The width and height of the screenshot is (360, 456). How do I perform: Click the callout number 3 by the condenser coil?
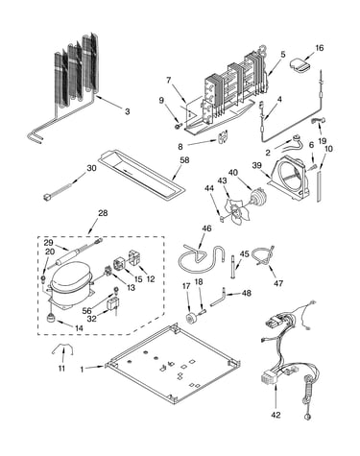click(x=128, y=111)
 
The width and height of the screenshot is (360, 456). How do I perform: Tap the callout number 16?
click(x=320, y=48)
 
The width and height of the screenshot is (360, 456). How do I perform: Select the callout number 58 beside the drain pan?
click(x=184, y=160)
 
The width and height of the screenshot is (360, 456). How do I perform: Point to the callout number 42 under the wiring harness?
click(x=276, y=415)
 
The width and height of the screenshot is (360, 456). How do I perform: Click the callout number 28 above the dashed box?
click(x=103, y=213)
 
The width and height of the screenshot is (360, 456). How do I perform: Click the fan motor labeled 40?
click(x=258, y=198)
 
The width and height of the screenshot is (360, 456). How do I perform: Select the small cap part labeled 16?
click(x=300, y=65)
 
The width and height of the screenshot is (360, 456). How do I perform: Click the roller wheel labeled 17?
click(x=192, y=319)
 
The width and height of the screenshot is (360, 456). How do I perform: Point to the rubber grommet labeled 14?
click(x=51, y=318)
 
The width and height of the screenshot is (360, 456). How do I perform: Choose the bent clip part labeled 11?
click(x=62, y=348)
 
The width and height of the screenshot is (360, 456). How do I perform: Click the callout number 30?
click(x=91, y=168)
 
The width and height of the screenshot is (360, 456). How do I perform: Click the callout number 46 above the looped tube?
click(x=206, y=228)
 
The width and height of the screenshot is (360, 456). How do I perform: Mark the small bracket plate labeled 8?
click(x=223, y=136)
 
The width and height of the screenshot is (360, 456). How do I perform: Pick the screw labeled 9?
click(x=178, y=126)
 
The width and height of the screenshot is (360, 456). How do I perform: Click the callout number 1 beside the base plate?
click(x=82, y=370)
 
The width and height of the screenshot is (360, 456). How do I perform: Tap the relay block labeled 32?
click(x=113, y=303)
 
